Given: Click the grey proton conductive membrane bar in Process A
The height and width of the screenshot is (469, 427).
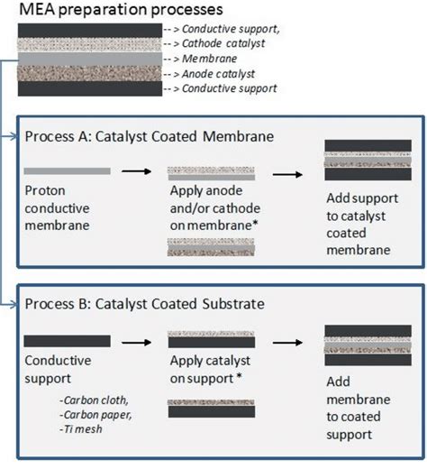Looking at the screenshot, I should [68, 170].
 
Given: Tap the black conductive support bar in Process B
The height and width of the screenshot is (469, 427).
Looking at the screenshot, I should [68, 340].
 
